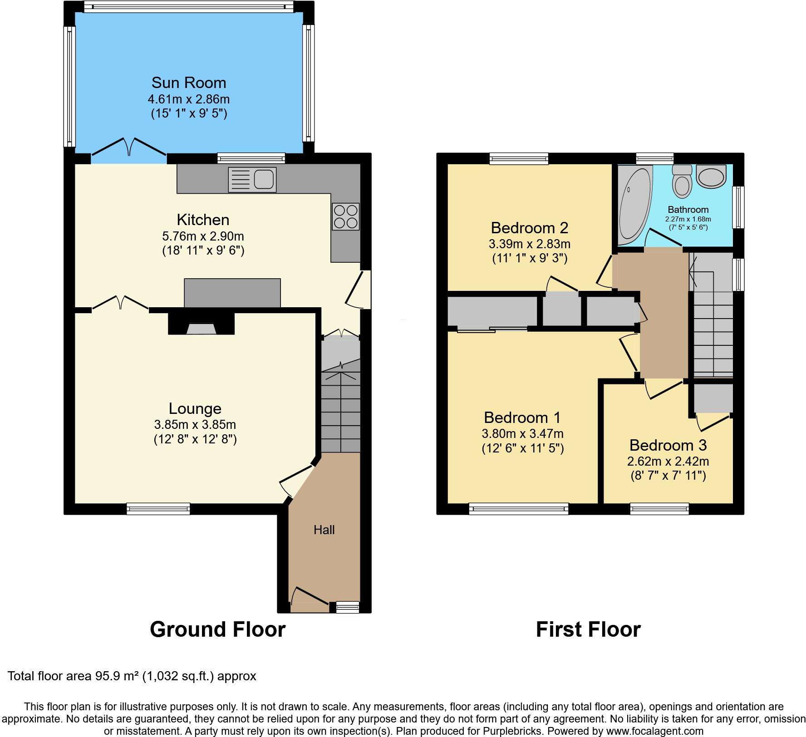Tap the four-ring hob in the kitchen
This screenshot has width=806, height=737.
[346, 216]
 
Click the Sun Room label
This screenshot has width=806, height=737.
[189, 83]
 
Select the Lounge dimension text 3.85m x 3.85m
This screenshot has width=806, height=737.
[195, 425]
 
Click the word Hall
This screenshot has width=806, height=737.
[324, 530]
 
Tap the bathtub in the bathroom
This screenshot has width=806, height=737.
[634, 203]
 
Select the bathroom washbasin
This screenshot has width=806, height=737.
[711, 176]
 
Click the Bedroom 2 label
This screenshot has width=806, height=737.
[530, 227]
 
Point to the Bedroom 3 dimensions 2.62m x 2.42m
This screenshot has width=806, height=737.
[668, 462]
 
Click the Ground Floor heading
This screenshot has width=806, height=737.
[217, 629]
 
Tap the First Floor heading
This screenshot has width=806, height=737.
[588, 629]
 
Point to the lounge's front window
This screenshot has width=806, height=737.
[158, 509]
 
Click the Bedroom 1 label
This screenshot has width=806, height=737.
[522, 417]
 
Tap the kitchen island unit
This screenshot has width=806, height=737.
[232, 293]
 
